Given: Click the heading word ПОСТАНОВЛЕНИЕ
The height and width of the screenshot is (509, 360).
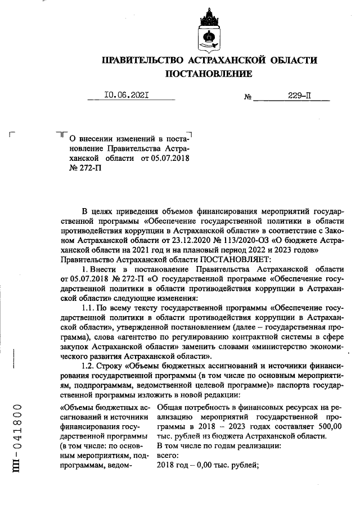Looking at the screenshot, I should pos(208,74).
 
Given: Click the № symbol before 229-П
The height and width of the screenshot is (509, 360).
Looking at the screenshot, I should pos(247,97).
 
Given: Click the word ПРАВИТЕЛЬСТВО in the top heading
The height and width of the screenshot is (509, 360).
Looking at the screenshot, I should pos(143,60).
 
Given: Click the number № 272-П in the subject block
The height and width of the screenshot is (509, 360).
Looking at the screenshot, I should pos(81,169).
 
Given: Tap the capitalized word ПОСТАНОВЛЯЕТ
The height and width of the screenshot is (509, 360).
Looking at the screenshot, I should pos(234,259).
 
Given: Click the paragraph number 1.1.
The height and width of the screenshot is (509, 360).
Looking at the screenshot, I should pos(89,309).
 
